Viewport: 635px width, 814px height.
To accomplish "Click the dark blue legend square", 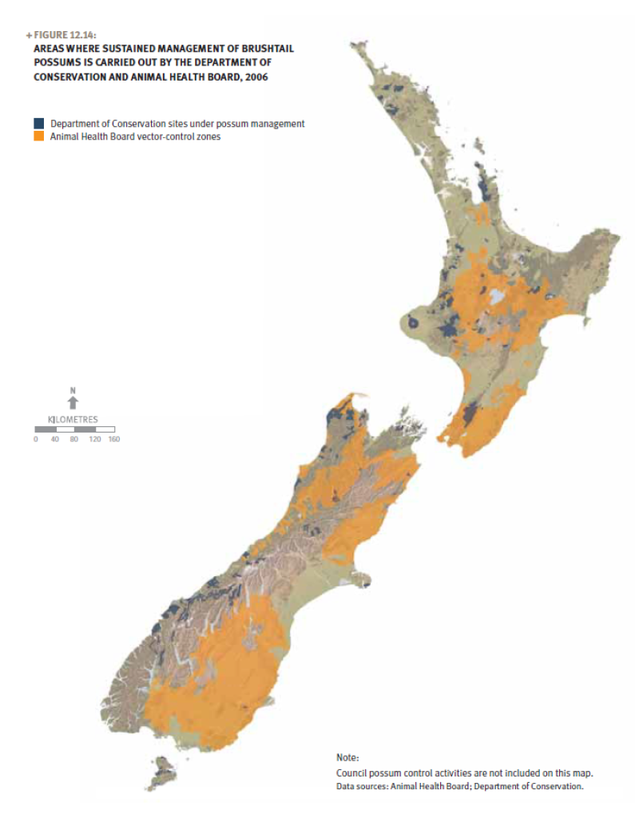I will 38,124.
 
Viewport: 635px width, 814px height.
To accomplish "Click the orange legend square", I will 38,136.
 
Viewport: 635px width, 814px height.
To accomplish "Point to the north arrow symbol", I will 73,403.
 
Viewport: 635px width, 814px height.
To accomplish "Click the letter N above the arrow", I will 73,390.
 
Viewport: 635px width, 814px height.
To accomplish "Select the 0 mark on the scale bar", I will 36,439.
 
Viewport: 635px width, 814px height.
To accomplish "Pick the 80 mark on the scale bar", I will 73,439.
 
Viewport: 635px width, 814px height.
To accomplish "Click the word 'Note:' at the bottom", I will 348,757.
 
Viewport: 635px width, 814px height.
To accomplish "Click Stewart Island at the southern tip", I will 164,772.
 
